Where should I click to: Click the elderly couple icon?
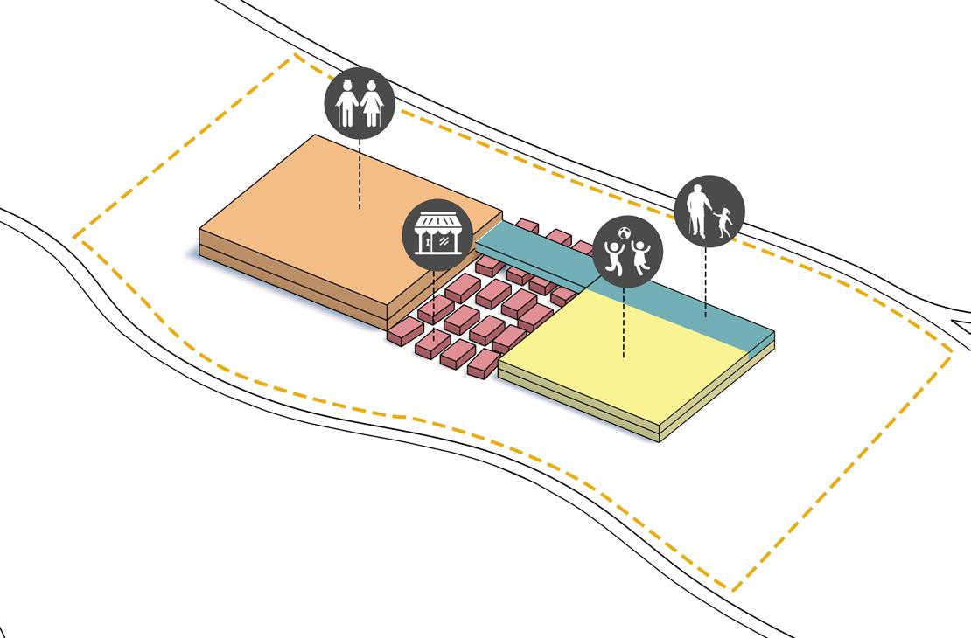click(x=360, y=102)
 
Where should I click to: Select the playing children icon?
click(x=627, y=252)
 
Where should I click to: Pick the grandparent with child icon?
click(x=709, y=211)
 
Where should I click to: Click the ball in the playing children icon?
click(x=625, y=233)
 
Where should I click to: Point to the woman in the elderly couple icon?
click(x=373, y=104)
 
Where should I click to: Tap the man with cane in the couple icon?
click(x=347, y=104)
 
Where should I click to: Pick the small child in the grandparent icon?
click(x=724, y=222)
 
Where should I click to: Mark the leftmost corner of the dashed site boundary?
click(x=74, y=236)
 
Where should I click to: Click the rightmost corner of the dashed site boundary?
click(x=952, y=352)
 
